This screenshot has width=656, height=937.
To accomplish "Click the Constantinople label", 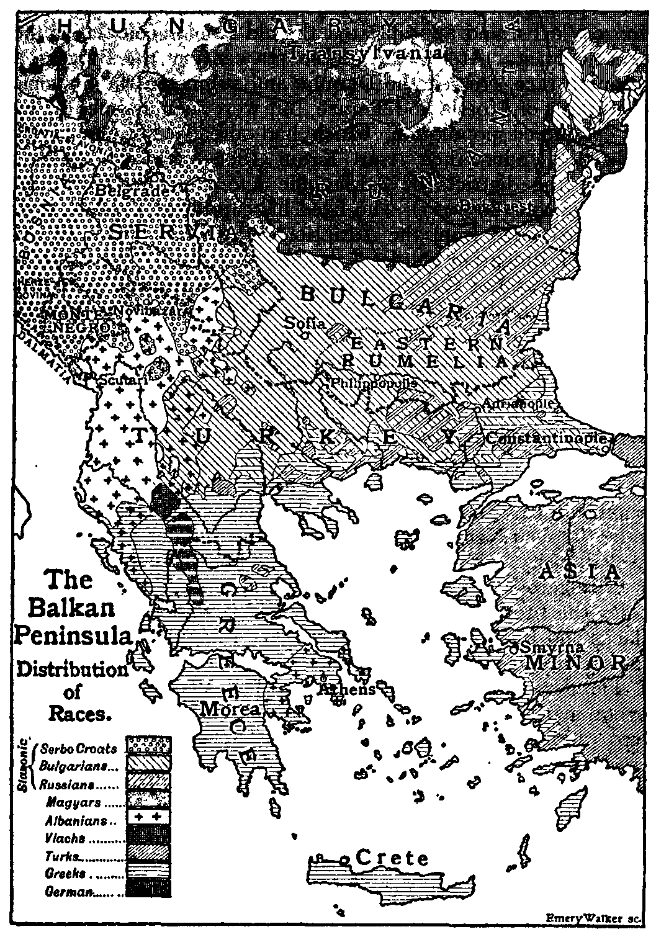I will [546, 437].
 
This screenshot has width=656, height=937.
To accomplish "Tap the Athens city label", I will [347, 689].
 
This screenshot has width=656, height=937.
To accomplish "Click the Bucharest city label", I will [506, 205].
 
